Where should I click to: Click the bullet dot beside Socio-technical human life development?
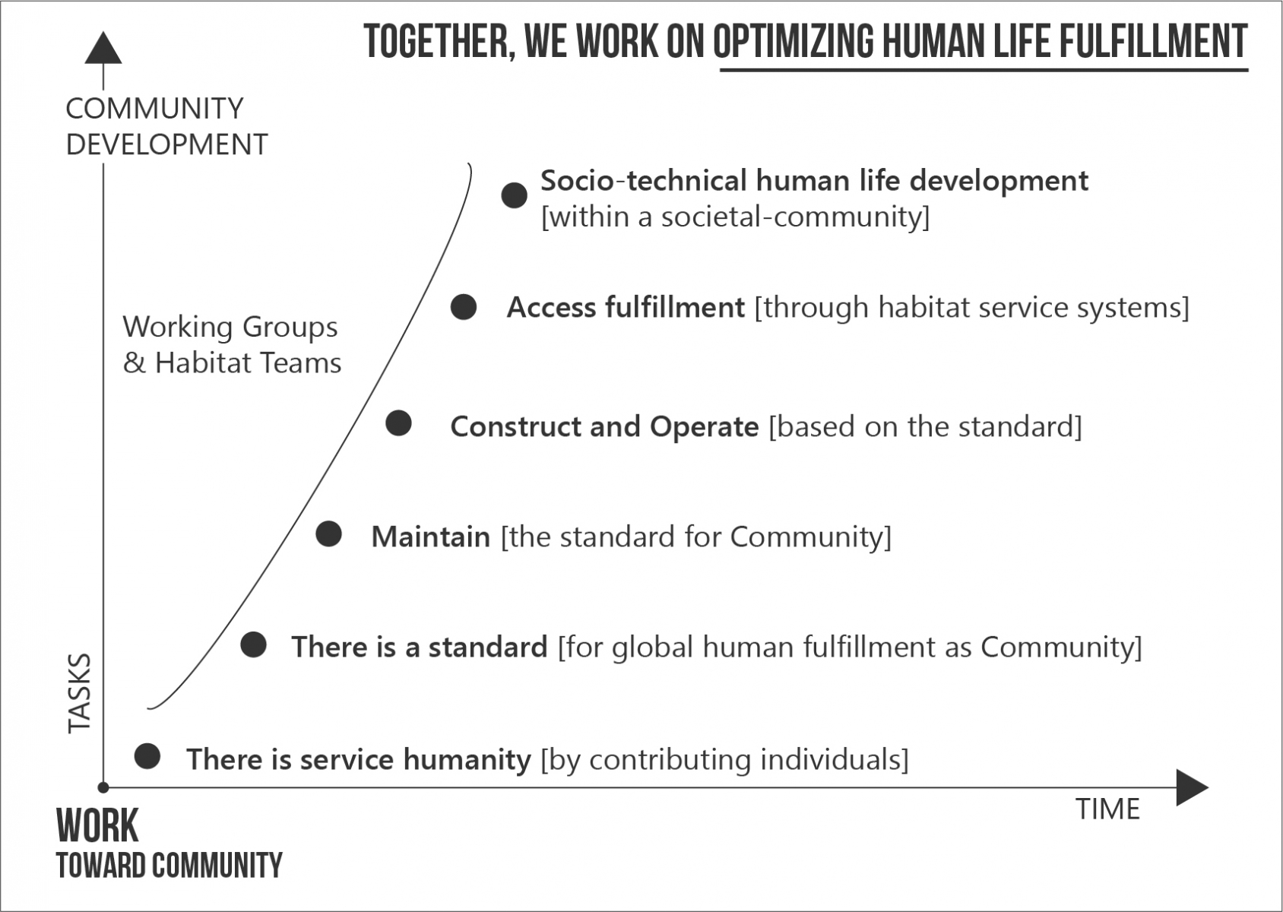click(x=514, y=195)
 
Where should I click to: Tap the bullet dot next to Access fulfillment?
click(x=464, y=307)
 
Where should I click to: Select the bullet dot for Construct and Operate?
click(x=398, y=423)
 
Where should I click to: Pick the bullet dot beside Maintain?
click(x=329, y=534)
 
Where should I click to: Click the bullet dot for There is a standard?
click(x=253, y=644)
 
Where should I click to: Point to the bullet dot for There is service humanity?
click(x=147, y=755)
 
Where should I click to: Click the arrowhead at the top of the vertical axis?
click(x=103, y=48)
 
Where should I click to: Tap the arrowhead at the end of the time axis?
click(x=1192, y=787)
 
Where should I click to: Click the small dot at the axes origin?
click(x=103, y=787)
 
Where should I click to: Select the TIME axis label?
click(x=1107, y=809)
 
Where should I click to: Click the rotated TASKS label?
click(x=80, y=694)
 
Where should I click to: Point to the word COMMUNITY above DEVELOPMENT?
click(x=154, y=108)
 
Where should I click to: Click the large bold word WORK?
click(x=97, y=826)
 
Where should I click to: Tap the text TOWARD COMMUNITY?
click(x=169, y=866)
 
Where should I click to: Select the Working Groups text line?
click(x=230, y=328)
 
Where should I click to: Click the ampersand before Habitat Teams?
click(x=134, y=363)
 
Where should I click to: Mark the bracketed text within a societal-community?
click(x=736, y=217)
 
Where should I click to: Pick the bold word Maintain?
click(x=431, y=537)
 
